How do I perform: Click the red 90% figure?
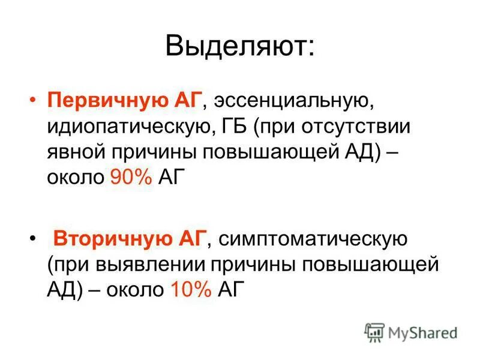131,178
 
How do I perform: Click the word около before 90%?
76,178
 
